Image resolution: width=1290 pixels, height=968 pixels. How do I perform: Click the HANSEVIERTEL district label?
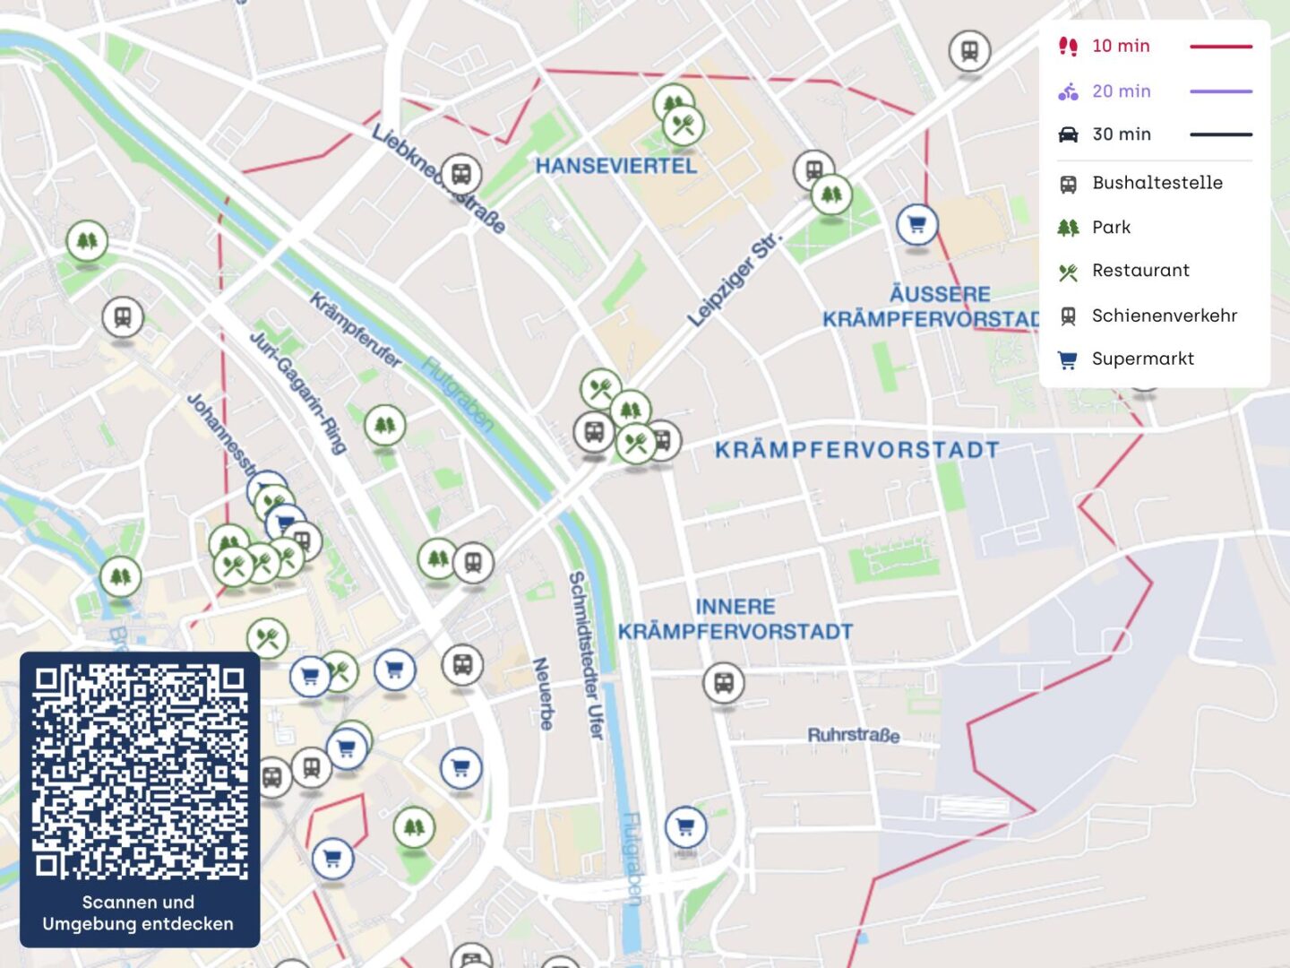615,166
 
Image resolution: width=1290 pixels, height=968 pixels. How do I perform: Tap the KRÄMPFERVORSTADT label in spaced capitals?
856,450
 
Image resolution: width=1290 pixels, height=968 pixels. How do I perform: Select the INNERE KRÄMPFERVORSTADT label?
735,619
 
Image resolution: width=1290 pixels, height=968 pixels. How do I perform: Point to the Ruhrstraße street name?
853,735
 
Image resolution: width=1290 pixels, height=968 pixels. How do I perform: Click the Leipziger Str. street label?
734,280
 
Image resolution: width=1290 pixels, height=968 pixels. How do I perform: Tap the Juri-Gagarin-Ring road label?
297,392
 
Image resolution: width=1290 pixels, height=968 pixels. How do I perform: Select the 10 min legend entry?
1120,46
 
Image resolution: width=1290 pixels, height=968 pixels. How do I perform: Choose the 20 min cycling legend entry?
1121,91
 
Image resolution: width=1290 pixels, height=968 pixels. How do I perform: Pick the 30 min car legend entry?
1121,134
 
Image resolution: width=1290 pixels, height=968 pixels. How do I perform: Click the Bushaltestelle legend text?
1157,183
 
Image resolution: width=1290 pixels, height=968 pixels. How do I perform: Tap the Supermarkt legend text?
1142,359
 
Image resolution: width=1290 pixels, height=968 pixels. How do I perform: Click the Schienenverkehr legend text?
1164,315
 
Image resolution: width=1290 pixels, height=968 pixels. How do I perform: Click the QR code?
140,771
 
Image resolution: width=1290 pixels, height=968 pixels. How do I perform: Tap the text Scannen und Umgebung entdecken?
138,913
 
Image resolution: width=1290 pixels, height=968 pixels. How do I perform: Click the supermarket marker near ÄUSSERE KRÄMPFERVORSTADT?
916,224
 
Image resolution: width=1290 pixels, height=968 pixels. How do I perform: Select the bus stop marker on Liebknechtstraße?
460,173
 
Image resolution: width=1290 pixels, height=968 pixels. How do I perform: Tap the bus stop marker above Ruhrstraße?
723,683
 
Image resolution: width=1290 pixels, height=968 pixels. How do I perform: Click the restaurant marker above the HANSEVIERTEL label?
684,125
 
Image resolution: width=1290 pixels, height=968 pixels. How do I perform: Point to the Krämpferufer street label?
356,329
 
